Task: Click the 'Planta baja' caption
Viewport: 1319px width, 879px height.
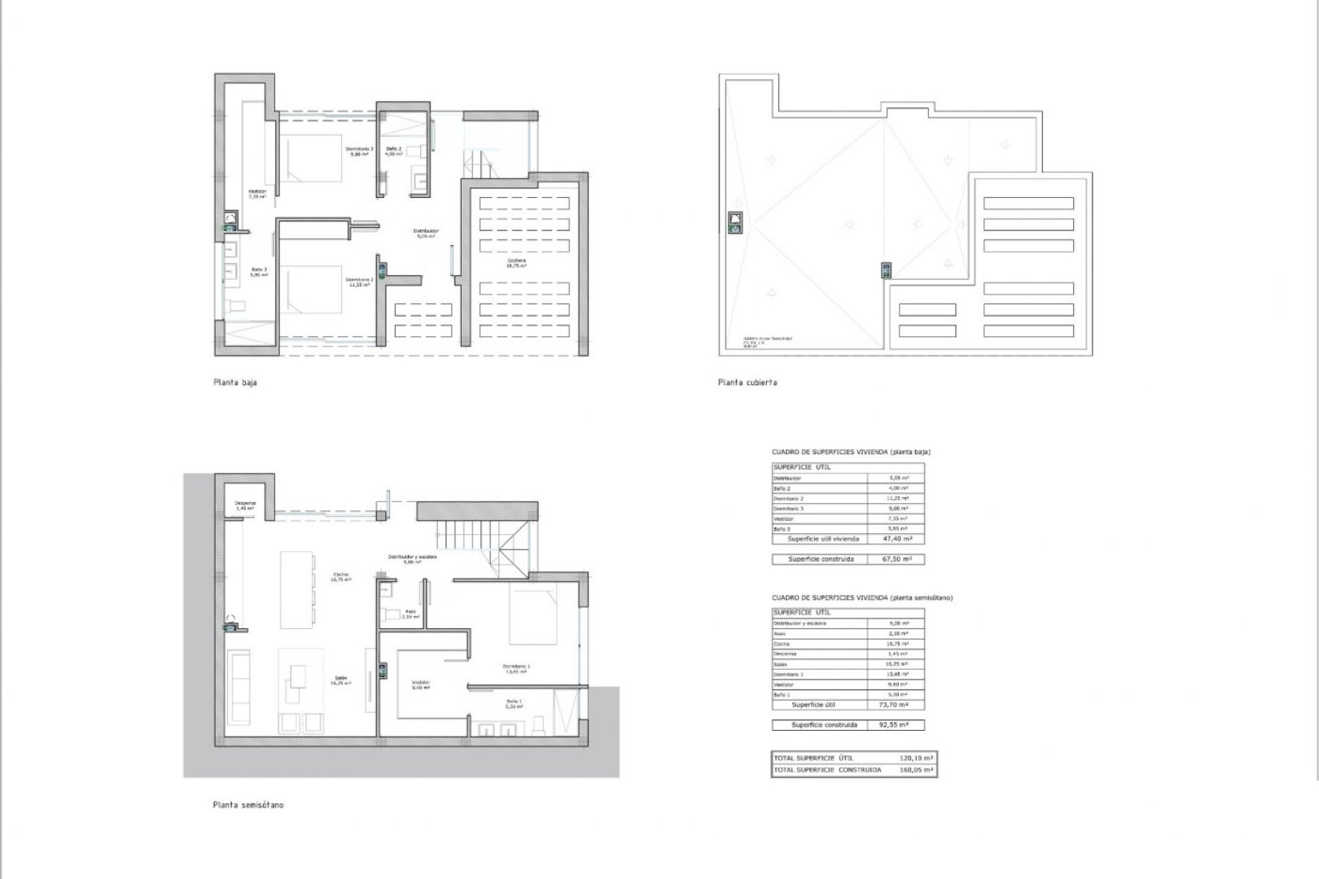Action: coord(234,382)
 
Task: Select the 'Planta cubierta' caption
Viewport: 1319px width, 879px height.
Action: coord(747,382)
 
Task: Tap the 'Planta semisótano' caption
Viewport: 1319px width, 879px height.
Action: coord(248,805)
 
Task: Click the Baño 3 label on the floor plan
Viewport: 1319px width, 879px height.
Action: coord(259,272)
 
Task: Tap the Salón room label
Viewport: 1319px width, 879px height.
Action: coord(340,680)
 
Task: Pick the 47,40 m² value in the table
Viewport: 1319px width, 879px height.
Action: coord(896,539)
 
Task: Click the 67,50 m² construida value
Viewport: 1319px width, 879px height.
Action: coord(896,559)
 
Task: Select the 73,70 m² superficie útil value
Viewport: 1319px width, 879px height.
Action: coord(896,705)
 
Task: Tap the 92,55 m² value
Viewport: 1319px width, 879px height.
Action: coord(896,724)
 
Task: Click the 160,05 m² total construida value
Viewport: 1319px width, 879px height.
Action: coord(917,769)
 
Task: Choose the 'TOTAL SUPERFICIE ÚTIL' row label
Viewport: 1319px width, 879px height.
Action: coord(813,758)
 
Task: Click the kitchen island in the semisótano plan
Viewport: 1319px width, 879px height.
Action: coord(296,589)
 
